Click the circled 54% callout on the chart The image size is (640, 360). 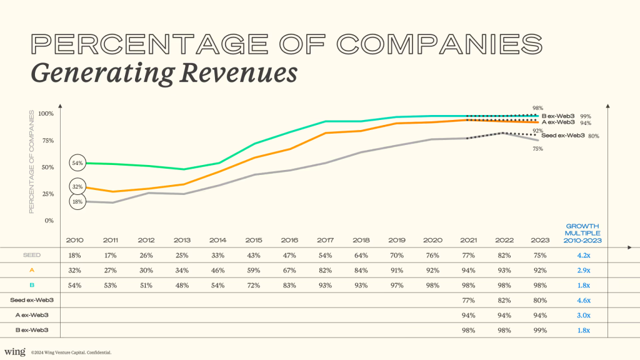[78, 163]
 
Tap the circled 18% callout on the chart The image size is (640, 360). [78, 201]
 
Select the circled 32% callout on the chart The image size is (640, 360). [78, 186]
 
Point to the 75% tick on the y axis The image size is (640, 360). [47, 141]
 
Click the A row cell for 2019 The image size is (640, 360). [397, 270]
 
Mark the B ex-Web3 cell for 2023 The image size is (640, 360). [539, 330]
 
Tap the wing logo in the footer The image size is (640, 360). [14, 352]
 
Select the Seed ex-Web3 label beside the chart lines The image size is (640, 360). [562, 136]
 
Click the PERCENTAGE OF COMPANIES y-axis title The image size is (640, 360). [32, 162]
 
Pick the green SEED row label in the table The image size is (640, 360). [32, 255]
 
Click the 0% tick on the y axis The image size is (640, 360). [50, 221]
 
